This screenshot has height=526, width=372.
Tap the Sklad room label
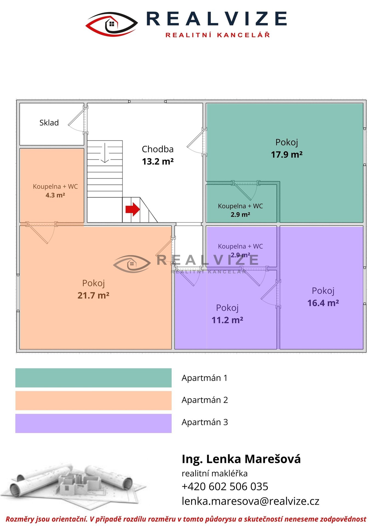[49, 122]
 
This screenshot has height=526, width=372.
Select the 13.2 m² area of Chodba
[158, 161]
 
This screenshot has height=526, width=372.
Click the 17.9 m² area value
[287, 155]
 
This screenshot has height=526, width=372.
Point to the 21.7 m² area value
[93, 295]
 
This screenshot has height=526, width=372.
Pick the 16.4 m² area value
[323, 303]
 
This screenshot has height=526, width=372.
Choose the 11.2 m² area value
[227, 320]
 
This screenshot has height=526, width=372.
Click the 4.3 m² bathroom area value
[55, 195]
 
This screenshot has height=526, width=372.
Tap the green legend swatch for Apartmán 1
[93, 378]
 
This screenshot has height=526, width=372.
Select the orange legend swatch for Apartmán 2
[93, 401]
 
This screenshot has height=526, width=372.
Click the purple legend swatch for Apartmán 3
[93, 423]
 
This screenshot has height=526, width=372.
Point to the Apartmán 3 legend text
[205, 422]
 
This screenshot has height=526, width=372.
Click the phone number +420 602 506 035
[225, 487]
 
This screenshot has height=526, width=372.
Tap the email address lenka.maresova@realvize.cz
[250, 501]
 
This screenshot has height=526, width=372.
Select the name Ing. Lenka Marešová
[241, 459]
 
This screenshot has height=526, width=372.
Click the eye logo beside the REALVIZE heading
[111, 24]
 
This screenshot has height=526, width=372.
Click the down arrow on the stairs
[105, 153]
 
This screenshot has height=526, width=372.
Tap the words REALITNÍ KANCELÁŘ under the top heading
[218, 35]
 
